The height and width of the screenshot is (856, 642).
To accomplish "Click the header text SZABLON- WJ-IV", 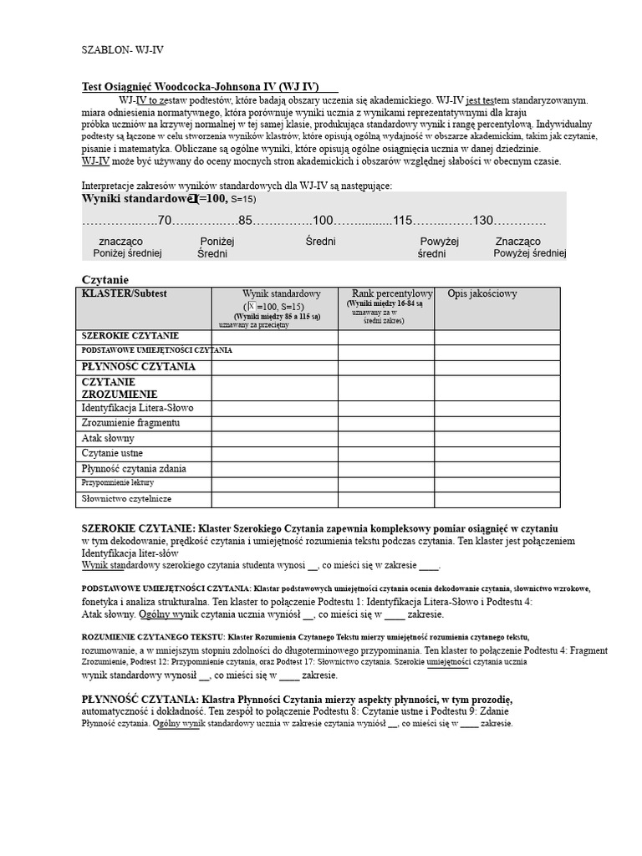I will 122,49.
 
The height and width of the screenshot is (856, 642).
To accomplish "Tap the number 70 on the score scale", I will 164,221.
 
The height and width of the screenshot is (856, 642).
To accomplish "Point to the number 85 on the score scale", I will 245,221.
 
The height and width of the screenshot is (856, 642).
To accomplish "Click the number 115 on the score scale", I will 403,221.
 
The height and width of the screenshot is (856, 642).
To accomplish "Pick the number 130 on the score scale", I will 483,221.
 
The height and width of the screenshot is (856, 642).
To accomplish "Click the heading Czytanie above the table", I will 105,279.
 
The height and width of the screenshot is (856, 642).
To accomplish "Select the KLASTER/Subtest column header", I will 125,294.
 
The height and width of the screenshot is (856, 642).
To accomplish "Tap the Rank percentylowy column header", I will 392,294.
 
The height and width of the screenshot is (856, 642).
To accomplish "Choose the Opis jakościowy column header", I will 482,294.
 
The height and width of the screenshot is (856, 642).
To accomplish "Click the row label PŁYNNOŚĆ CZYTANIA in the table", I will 139,367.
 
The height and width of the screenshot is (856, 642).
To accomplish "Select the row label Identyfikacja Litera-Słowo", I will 137,408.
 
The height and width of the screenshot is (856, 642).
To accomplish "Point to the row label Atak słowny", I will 108,438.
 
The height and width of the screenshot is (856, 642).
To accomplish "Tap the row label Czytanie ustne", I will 112,453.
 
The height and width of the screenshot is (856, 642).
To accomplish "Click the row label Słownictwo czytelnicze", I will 126,499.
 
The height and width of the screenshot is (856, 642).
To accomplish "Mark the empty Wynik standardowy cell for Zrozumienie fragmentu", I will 274,423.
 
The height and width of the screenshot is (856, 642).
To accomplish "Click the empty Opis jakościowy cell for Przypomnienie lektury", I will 497,483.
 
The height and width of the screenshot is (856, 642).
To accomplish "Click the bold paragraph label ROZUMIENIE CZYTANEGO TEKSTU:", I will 153,637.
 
